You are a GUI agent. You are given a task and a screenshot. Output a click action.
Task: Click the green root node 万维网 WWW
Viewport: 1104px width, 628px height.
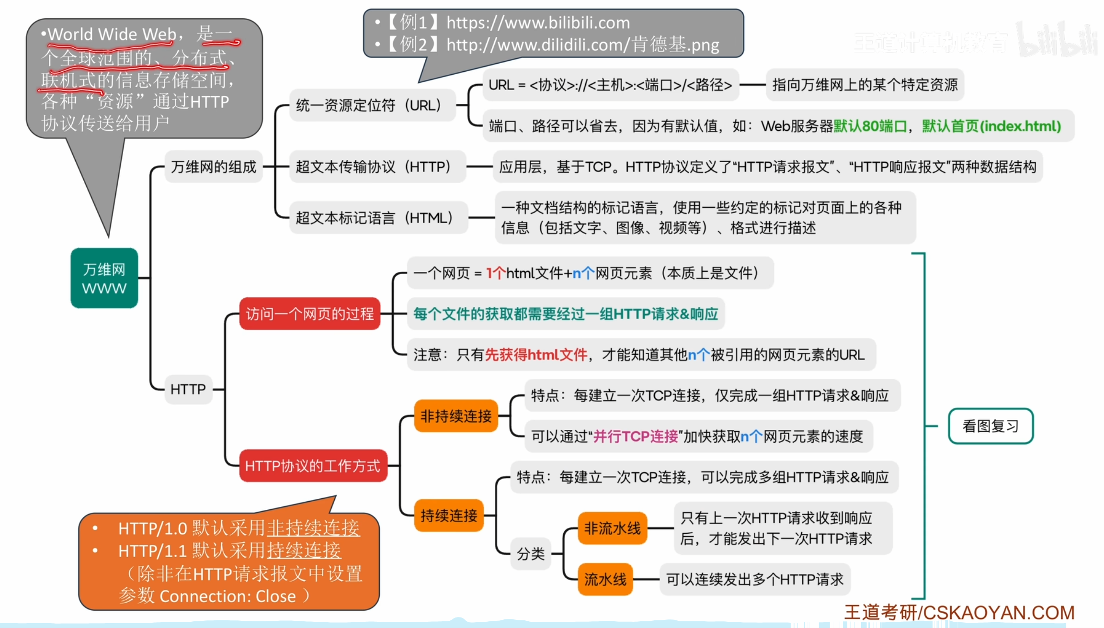click(104, 278)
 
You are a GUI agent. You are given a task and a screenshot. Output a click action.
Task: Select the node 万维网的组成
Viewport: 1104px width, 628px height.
click(214, 167)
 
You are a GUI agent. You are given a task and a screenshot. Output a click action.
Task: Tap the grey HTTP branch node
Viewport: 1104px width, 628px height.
click(188, 389)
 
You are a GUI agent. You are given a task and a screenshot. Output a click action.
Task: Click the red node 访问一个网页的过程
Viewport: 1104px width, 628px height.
click(309, 314)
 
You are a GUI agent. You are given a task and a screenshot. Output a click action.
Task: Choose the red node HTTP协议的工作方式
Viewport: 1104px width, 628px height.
click(312, 466)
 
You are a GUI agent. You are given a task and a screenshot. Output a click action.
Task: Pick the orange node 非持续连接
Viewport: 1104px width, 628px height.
click(455, 416)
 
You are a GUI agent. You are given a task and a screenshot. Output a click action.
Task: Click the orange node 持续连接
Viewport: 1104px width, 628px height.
click(449, 516)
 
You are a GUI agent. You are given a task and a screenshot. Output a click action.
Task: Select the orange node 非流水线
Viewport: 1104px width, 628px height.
click(612, 528)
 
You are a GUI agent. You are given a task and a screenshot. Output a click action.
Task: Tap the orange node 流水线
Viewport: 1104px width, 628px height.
click(605, 579)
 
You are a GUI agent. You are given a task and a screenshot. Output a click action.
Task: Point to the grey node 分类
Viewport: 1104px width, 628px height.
click(531, 554)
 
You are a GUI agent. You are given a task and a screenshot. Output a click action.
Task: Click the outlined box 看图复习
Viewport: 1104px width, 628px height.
click(990, 426)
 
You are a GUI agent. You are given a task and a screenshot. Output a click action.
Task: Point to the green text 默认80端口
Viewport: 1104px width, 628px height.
click(870, 126)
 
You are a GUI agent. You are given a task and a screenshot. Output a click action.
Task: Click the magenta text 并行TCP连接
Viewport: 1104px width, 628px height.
click(636, 437)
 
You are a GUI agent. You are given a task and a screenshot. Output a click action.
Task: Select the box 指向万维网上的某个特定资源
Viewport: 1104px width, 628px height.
click(865, 85)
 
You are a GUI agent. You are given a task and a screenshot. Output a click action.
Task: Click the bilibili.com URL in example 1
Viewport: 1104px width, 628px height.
click(538, 22)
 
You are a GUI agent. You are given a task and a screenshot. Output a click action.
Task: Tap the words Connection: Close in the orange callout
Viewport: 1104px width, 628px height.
click(228, 596)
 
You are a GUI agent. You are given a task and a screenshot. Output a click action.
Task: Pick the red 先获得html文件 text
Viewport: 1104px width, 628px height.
click(536, 355)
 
